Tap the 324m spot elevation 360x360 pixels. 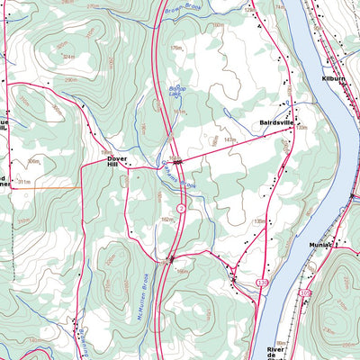(68, 56)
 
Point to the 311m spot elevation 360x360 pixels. (25, 181)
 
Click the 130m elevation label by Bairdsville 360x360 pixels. (301, 128)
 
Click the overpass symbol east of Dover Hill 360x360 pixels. (178, 161)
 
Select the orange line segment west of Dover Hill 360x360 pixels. (61, 187)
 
